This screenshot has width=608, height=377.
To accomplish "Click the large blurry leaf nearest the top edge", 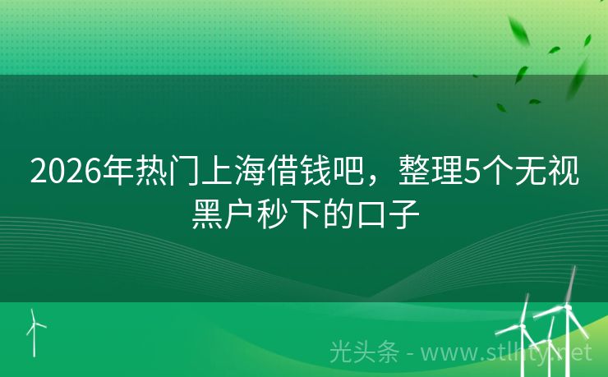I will coord(519,31).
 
